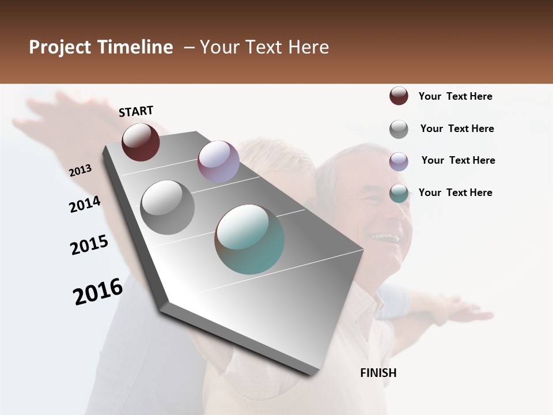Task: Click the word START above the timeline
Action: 136,111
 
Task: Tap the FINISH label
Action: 378,373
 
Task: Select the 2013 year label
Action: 81,171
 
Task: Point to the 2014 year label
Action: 85,204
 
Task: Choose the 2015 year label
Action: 89,245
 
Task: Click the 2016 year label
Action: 98,291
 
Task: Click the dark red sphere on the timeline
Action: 141,142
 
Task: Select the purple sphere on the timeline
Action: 218,161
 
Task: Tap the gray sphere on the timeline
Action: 168,207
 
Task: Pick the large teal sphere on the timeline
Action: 249,239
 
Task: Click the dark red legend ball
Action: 399,96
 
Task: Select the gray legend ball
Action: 399,129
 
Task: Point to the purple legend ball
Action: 399,161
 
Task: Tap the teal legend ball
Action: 399,193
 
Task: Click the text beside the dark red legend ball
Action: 455,96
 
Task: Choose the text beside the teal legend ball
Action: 455,193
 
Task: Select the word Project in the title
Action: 60,47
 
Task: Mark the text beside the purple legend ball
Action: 458,160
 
